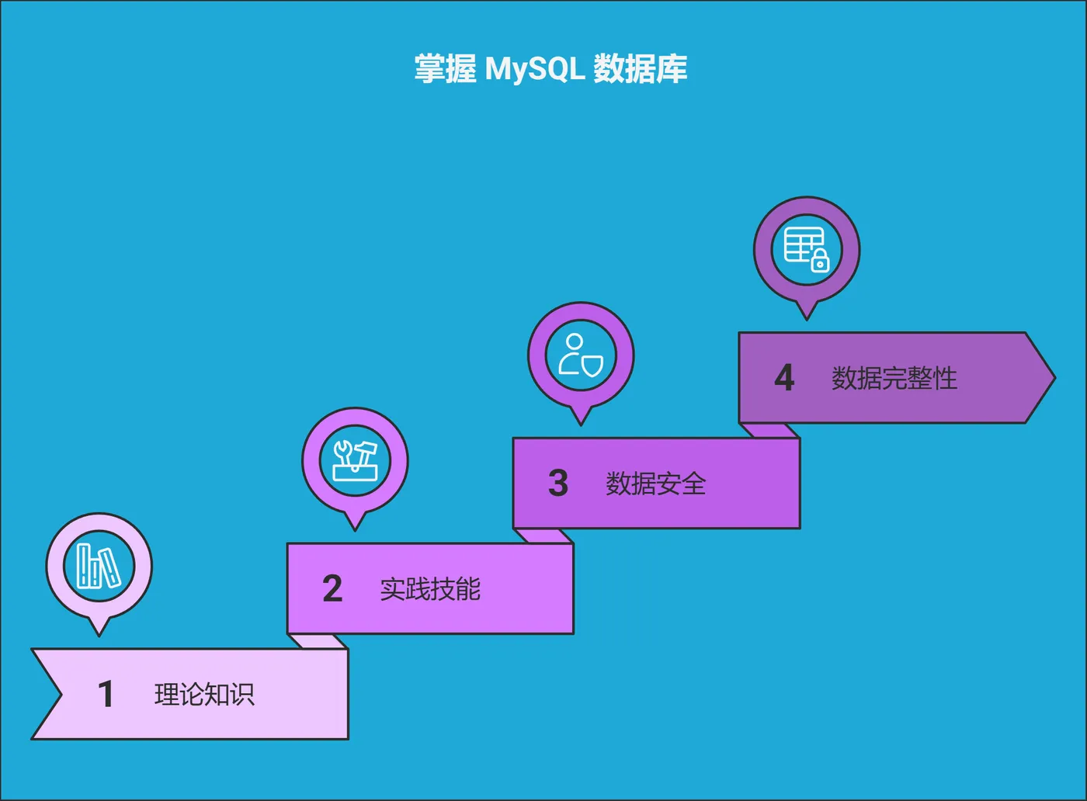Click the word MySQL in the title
pyautogui.click(x=535, y=69)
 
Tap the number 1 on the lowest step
pyautogui.click(x=106, y=694)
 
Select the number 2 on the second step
pyautogui.click(x=332, y=588)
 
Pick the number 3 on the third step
pyautogui.click(x=558, y=483)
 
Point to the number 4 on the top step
pyautogui.click(x=784, y=378)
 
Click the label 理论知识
pyautogui.click(x=204, y=694)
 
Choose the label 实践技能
pyautogui.click(x=430, y=589)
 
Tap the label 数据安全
pyautogui.click(x=656, y=484)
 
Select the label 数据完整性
pyautogui.click(x=894, y=378)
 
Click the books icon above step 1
pyautogui.click(x=99, y=566)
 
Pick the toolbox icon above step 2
pyautogui.click(x=355, y=461)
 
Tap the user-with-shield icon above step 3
pyautogui.click(x=581, y=355)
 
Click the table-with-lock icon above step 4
pyautogui.click(x=807, y=249)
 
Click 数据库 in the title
pyautogui.click(x=641, y=69)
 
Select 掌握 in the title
pyautogui.click(x=445, y=69)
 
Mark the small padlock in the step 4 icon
pyautogui.click(x=820, y=262)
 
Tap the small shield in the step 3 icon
pyautogui.click(x=592, y=365)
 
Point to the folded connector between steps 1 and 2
pyautogui.click(x=317, y=641)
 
